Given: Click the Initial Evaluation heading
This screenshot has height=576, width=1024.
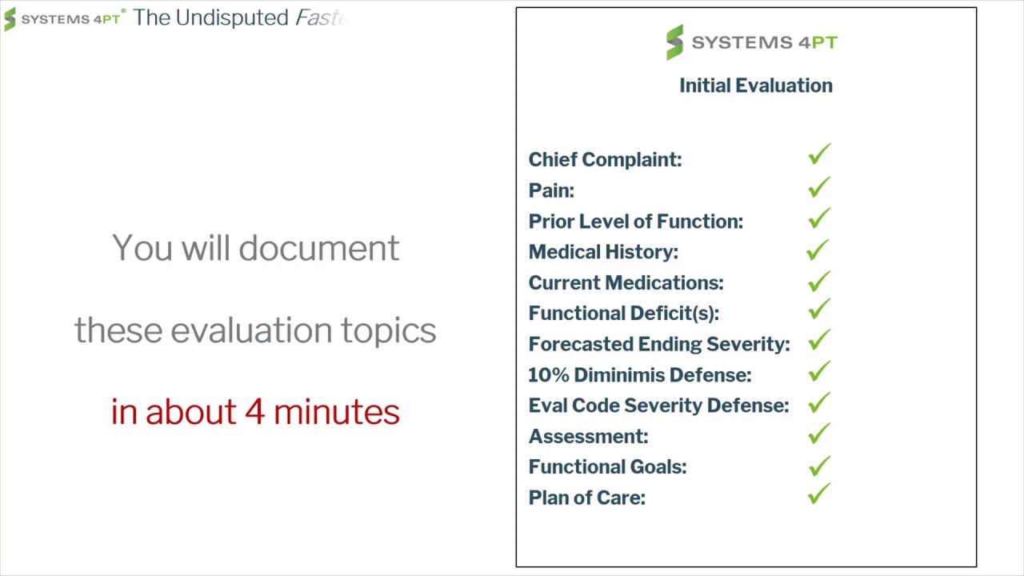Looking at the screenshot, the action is pyautogui.click(x=756, y=86).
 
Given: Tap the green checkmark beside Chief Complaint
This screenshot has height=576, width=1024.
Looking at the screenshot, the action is pyautogui.click(x=818, y=154).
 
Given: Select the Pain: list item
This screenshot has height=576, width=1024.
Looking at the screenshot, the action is pyautogui.click(x=551, y=190).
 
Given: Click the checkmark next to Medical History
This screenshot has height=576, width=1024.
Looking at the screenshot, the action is pyautogui.click(x=818, y=250).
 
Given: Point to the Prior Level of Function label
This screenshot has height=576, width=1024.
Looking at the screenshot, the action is pyautogui.click(x=636, y=222).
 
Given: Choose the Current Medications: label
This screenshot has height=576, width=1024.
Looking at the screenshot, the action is pyautogui.click(x=626, y=283).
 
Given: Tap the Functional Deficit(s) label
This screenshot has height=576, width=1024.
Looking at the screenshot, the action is pyautogui.click(x=624, y=314).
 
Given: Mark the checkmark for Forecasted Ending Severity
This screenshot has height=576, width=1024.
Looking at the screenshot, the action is pyautogui.click(x=818, y=340).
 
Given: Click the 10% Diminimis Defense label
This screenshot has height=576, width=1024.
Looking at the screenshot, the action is pyautogui.click(x=640, y=375).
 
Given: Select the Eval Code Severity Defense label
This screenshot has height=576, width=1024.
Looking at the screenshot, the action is pyautogui.click(x=658, y=406).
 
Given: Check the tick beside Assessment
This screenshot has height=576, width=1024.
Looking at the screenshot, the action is pyautogui.click(x=818, y=434).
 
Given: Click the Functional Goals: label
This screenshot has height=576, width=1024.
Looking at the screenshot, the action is pyautogui.click(x=607, y=467).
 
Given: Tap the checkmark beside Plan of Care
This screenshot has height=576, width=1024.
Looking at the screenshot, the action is pyautogui.click(x=818, y=494).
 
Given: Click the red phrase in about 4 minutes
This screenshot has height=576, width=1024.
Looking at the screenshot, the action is pyautogui.click(x=255, y=412).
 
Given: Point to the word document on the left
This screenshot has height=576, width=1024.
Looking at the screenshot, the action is pyautogui.click(x=319, y=248).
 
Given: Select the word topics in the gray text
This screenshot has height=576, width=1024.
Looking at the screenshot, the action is pyautogui.click(x=389, y=331).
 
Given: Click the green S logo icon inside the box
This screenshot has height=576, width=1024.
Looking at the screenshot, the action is pyautogui.click(x=675, y=42).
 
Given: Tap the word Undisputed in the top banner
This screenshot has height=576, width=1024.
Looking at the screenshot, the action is pyautogui.click(x=232, y=18).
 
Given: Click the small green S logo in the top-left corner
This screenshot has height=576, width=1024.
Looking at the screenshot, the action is pyautogui.click(x=10, y=18).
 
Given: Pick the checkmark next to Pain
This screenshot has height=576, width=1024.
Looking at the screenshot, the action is pyautogui.click(x=818, y=187).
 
